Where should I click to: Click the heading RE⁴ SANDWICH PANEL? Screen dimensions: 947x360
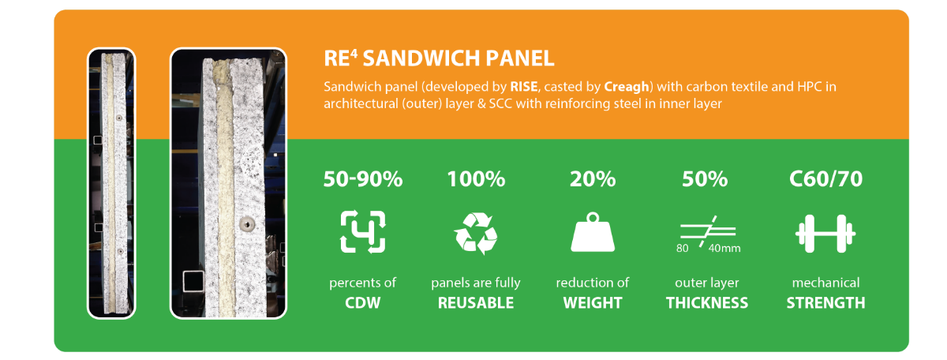[439, 58]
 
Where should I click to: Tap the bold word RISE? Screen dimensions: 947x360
[524, 87]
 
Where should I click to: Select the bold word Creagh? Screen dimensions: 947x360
[626, 87]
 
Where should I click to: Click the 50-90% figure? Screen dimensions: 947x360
[363, 179]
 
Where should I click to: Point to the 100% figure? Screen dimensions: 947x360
[476, 179]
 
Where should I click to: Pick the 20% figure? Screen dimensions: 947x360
[593, 179]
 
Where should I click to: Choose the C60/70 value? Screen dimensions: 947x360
[825, 179]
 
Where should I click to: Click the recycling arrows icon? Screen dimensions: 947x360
[476, 233]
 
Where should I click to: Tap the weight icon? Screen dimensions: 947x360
[593, 232]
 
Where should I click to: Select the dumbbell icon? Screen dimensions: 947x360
[825, 234]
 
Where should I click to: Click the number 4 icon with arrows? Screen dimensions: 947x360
[363, 232]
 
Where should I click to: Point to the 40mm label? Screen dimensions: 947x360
[724, 249]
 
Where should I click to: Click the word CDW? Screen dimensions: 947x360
[363, 303]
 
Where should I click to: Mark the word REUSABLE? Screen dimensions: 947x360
[476, 303]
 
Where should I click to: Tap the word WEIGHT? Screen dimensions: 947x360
[593, 303]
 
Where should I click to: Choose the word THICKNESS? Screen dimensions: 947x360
[707, 303]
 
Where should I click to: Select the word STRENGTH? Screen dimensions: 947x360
[825, 303]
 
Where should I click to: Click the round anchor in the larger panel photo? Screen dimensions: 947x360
[247, 223]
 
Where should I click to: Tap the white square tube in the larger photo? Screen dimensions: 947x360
[193, 282]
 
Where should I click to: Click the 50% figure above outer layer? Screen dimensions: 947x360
[705, 179]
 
